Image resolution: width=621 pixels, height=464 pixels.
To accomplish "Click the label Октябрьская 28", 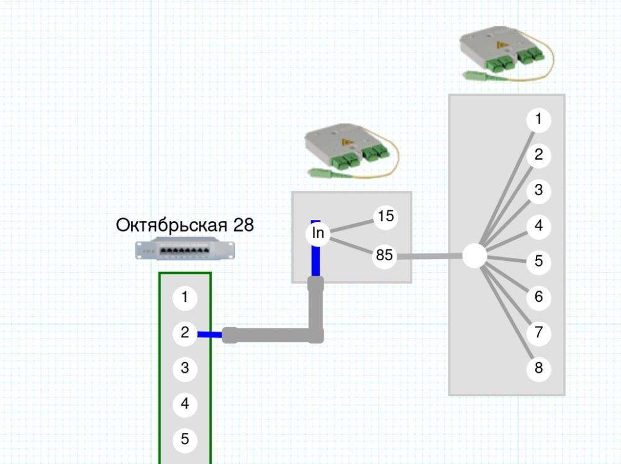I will pyautogui.click(x=184, y=225).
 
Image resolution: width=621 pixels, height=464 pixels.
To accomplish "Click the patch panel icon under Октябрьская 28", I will pyautogui.click(x=186, y=250).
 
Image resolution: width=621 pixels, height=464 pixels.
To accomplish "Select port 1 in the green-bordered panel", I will pyautogui.click(x=185, y=298).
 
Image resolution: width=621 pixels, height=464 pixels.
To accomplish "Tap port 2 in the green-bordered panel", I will pyautogui.click(x=185, y=333).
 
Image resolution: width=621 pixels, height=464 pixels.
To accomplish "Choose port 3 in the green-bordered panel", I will pyautogui.click(x=185, y=368).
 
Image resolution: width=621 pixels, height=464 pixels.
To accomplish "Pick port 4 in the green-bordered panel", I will pyautogui.click(x=185, y=404).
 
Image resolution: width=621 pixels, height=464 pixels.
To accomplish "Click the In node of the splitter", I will pyautogui.click(x=318, y=234).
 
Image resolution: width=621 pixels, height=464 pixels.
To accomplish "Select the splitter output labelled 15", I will pyautogui.click(x=386, y=216).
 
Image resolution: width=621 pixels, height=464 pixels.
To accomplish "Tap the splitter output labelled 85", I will pyautogui.click(x=385, y=256).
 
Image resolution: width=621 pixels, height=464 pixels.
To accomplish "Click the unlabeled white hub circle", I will pyautogui.click(x=475, y=256).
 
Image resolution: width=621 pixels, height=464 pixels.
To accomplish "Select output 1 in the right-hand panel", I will pyautogui.click(x=538, y=119).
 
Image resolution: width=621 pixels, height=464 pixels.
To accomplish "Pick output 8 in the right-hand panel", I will pyautogui.click(x=538, y=369).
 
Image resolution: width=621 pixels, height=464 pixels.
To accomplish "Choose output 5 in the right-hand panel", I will pyautogui.click(x=538, y=262).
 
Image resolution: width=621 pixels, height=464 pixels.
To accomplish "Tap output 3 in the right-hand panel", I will pyautogui.click(x=538, y=191).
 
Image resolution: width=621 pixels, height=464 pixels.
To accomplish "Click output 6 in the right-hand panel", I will pyautogui.click(x=538, y=298).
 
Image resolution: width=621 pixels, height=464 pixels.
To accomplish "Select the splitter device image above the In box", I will pyautogui.click(x=350, y=151).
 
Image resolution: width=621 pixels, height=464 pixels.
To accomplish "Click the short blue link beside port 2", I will pyautogui.click(x=210, y=335).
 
